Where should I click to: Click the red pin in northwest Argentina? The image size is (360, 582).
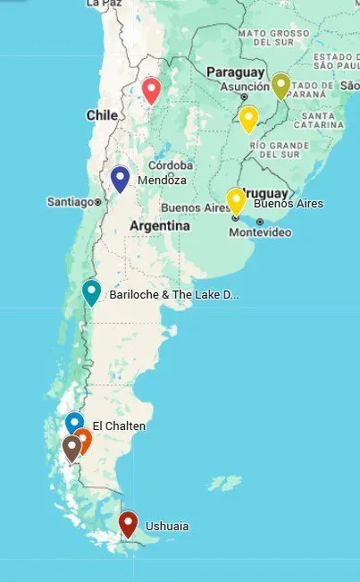pos(151,89)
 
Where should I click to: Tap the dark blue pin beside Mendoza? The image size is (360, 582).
pos(120,178)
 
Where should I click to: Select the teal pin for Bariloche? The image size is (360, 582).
pos(91,291)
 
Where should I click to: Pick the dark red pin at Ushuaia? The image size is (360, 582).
pos(128,523)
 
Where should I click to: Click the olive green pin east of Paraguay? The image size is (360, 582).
pos(280,85)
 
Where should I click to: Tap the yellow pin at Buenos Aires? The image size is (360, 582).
pos(236,200)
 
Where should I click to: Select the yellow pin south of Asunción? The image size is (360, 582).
pos(248,118)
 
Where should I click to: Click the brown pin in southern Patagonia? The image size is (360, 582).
pos(71,447)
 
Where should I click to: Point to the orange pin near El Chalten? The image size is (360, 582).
pos(83,439)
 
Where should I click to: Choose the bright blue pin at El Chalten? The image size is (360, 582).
pos(75,423)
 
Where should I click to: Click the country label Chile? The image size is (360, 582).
pos(102,115)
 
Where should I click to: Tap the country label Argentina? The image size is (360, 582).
pos(160,226)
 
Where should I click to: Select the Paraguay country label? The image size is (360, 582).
pos(235,72)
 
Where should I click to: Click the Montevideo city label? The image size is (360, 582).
pos(260,232)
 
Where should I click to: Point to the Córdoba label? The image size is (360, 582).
pos(171,165)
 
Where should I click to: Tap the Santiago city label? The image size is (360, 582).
pos(70,202)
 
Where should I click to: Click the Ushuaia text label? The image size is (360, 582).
pos(167,527)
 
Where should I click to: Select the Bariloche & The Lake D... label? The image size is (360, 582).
pos(174,294)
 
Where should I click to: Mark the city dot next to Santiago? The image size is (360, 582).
pos(96,202)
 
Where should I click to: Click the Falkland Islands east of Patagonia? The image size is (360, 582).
pos(225,484)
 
